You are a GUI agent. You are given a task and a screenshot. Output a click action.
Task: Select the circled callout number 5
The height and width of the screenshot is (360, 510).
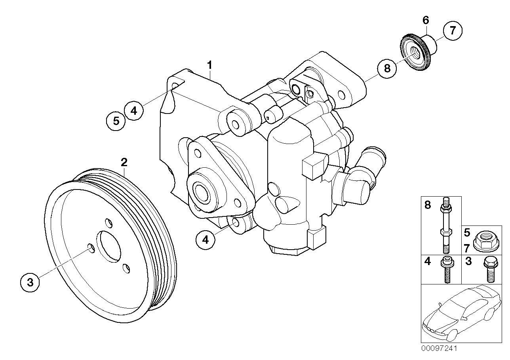pos(116,121)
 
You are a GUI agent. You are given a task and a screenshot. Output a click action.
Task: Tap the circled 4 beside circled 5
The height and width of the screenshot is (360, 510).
pos(134,110)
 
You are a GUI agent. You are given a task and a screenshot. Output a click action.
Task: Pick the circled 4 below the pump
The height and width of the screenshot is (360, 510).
pos(206,239)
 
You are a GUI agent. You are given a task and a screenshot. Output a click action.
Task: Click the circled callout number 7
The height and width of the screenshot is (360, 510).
pos(452,30)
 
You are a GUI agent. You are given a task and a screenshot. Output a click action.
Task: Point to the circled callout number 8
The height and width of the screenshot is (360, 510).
pos(387,68)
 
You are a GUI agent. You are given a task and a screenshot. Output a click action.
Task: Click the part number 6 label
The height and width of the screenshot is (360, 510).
pos(426,19)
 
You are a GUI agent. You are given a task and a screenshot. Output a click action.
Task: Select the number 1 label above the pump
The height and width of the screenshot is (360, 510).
pos(210,64)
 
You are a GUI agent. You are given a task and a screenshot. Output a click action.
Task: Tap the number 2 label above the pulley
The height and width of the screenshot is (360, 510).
pos(124,162)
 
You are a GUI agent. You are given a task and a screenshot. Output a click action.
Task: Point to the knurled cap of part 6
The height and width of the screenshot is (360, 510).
pos(416,53)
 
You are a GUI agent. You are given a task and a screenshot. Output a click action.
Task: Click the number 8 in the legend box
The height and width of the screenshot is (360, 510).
pos(428,205)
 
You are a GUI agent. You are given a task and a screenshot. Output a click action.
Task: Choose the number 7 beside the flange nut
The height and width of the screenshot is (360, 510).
pos(467,248)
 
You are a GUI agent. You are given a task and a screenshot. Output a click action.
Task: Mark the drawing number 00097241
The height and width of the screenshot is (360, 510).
pos(439,348)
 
